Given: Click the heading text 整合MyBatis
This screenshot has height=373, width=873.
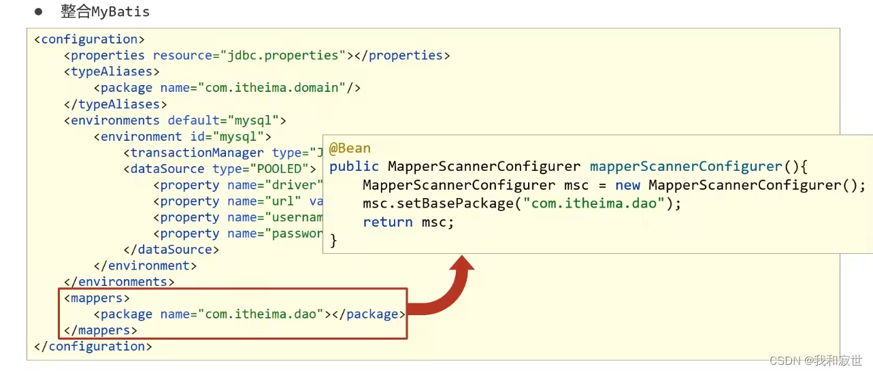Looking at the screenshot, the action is (x=105, y=12).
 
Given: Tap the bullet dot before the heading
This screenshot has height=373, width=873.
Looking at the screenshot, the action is (x=38, y=12).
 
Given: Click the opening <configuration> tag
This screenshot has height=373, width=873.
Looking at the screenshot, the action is (x=89, y=39).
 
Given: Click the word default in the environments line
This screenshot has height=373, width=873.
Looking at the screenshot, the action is (x=194, y=120).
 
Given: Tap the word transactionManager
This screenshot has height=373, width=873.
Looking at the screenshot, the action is (x=197, y=152).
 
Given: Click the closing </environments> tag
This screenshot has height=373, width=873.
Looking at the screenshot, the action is (x=119, y=282).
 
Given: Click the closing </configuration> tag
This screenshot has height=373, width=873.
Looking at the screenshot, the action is (x=93, y=346).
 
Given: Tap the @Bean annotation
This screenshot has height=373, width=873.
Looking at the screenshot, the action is (x=350, y=149).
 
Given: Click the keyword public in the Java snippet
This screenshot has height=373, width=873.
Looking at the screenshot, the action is (x=354, y=167).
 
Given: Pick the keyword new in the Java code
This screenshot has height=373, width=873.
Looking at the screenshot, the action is (x=628, y=185).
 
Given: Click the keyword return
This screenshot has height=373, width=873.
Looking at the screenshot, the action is (x=388, y=222).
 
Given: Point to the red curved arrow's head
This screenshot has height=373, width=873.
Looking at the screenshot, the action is (x=463, y=264).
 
